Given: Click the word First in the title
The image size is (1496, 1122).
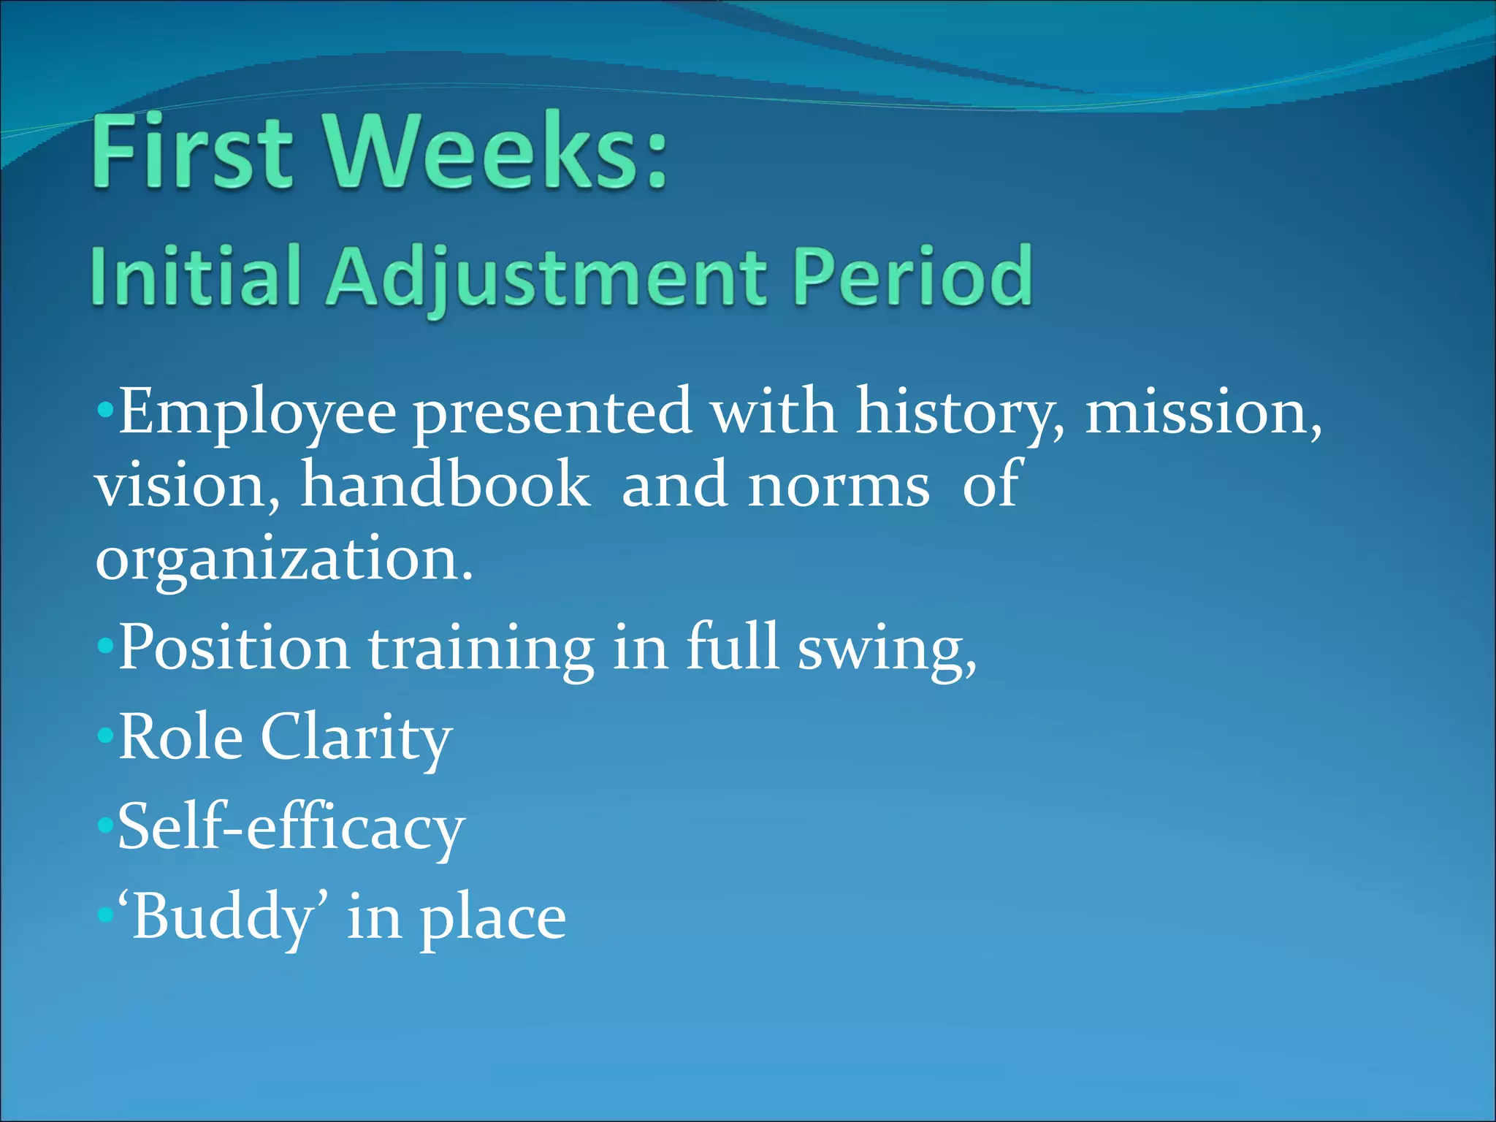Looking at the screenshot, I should pyautogui.click(x=192, y=152).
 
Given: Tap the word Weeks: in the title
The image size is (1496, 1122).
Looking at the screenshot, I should pyautogui.click(x=497, y=152).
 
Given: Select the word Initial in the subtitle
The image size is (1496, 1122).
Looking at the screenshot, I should pyautogui.click(x=196, y=276).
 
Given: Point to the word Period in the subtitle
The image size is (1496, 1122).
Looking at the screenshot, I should pyautogui.click(x=913, y=276).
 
